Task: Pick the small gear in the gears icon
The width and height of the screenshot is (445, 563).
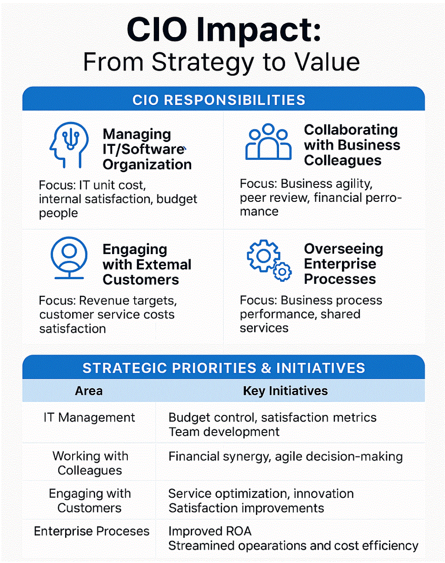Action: point(282,272)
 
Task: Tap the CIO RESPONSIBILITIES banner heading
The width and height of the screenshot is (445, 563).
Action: point(219,100)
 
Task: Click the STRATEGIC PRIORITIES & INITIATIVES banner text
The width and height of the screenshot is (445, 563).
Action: point(224,368)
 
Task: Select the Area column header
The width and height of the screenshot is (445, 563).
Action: point(89,391)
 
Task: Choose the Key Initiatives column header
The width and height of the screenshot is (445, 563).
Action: point(285,391)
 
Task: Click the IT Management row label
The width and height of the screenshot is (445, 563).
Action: point(89,417)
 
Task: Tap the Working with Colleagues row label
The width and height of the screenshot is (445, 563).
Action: point(90,463)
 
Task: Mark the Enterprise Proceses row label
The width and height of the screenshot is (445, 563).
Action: point(91,531)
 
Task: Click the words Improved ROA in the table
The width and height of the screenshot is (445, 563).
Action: point(210,531)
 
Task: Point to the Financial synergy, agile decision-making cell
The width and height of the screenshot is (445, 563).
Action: point(286,457)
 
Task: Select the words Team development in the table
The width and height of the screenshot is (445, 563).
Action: point(224,432)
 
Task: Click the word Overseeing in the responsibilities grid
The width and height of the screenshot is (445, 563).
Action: point(344,249)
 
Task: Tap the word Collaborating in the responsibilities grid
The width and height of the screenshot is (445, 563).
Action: point(351,130)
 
